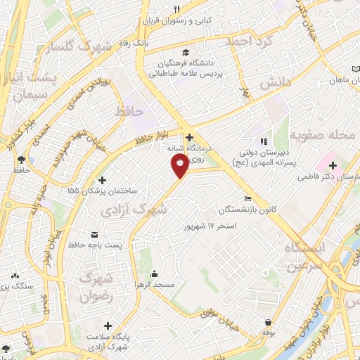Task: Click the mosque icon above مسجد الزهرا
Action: pyautogui.click(x=155, y=273)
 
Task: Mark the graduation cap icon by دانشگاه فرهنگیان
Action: pyautogui.click(x=185, y=53)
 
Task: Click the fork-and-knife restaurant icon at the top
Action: pyautogui.click(x=176, y=9)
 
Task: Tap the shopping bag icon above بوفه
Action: pyautogui.click(x=269, y=320)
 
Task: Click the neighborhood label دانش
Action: pyautogui.click(x=276, y=83)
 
